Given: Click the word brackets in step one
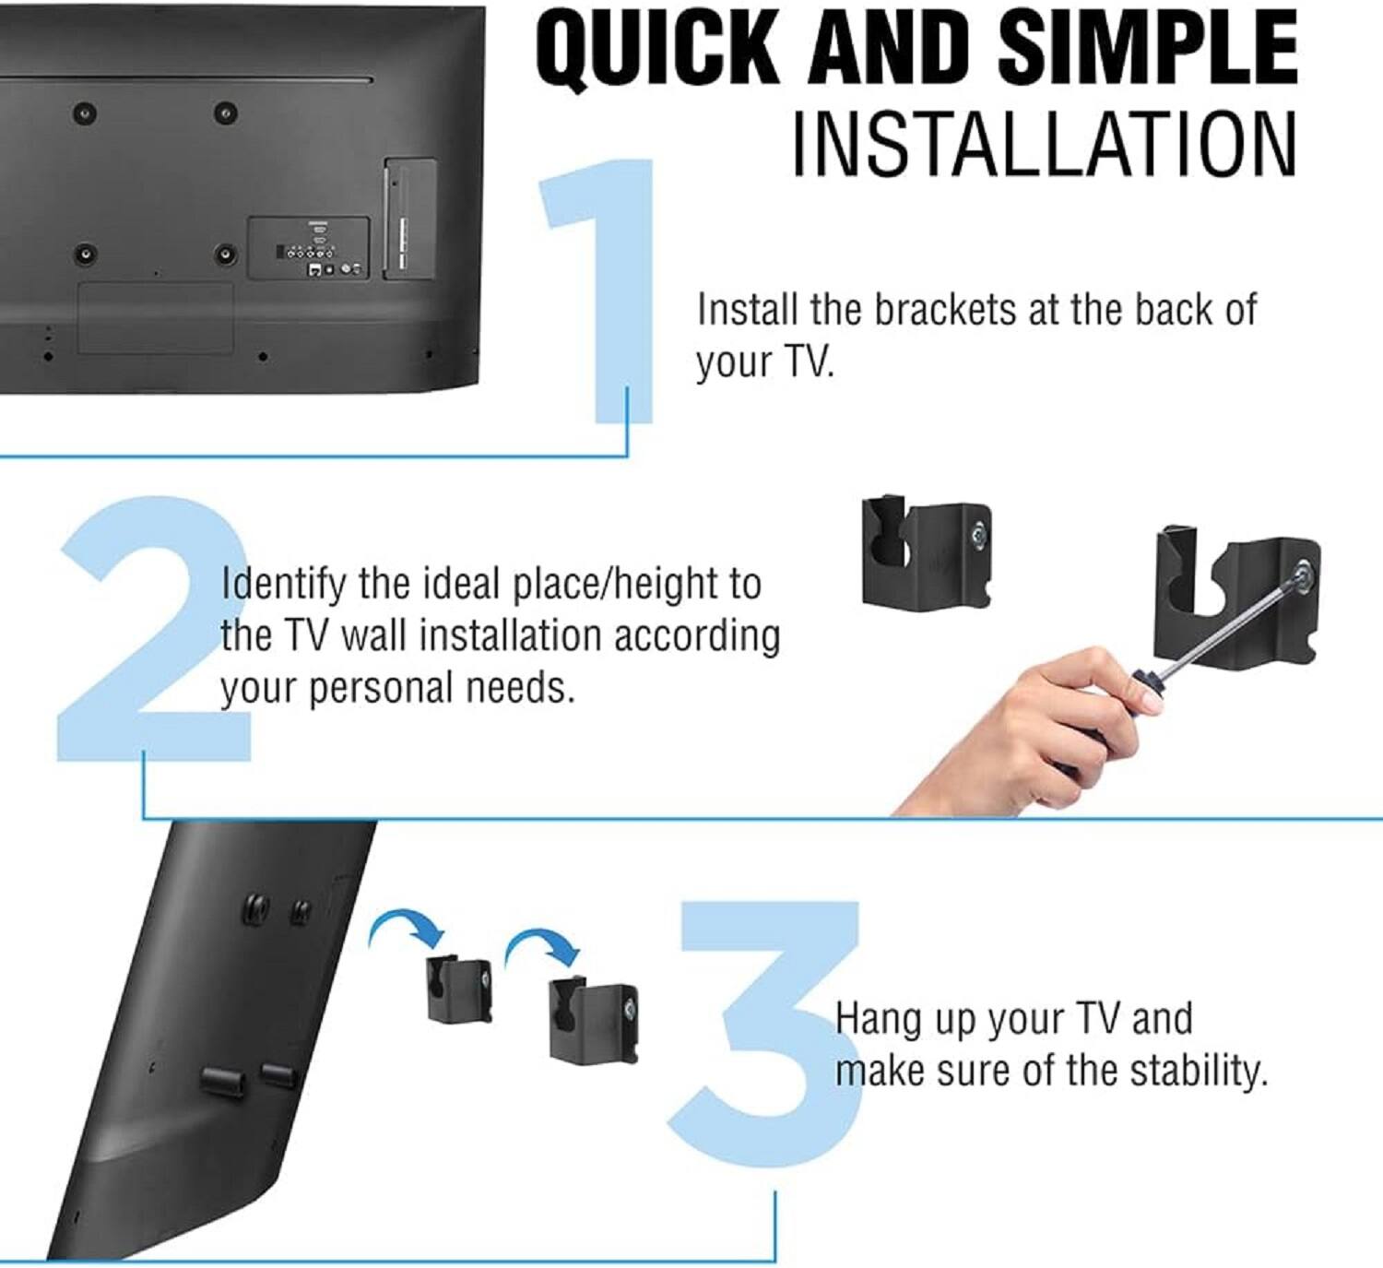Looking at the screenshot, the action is [945, 310].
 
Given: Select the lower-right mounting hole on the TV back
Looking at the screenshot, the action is [224, 255].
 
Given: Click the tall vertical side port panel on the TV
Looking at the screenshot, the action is [410, 219].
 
